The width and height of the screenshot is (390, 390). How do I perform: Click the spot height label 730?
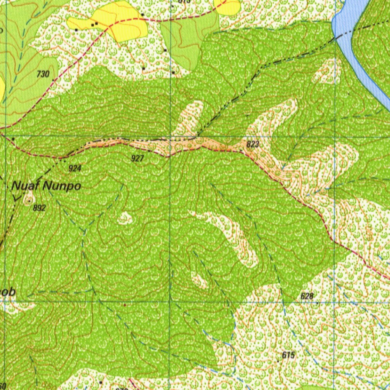point(43,74)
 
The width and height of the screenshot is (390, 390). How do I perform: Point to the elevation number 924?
point(75,168)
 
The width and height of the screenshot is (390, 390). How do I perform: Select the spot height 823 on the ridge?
point(253,144)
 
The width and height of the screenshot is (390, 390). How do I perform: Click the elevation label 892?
point(39,208)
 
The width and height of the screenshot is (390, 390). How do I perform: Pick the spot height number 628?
point(307,296)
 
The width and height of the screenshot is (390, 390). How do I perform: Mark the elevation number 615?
point(289,355)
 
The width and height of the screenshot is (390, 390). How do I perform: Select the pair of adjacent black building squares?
point(94,24)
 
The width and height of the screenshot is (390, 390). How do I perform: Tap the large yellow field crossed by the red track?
point(114,21)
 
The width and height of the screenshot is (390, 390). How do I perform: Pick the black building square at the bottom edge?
point(101,382)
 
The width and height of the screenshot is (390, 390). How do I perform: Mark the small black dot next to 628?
point(318,303)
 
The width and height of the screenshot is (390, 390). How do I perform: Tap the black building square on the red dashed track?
point(142,14)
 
